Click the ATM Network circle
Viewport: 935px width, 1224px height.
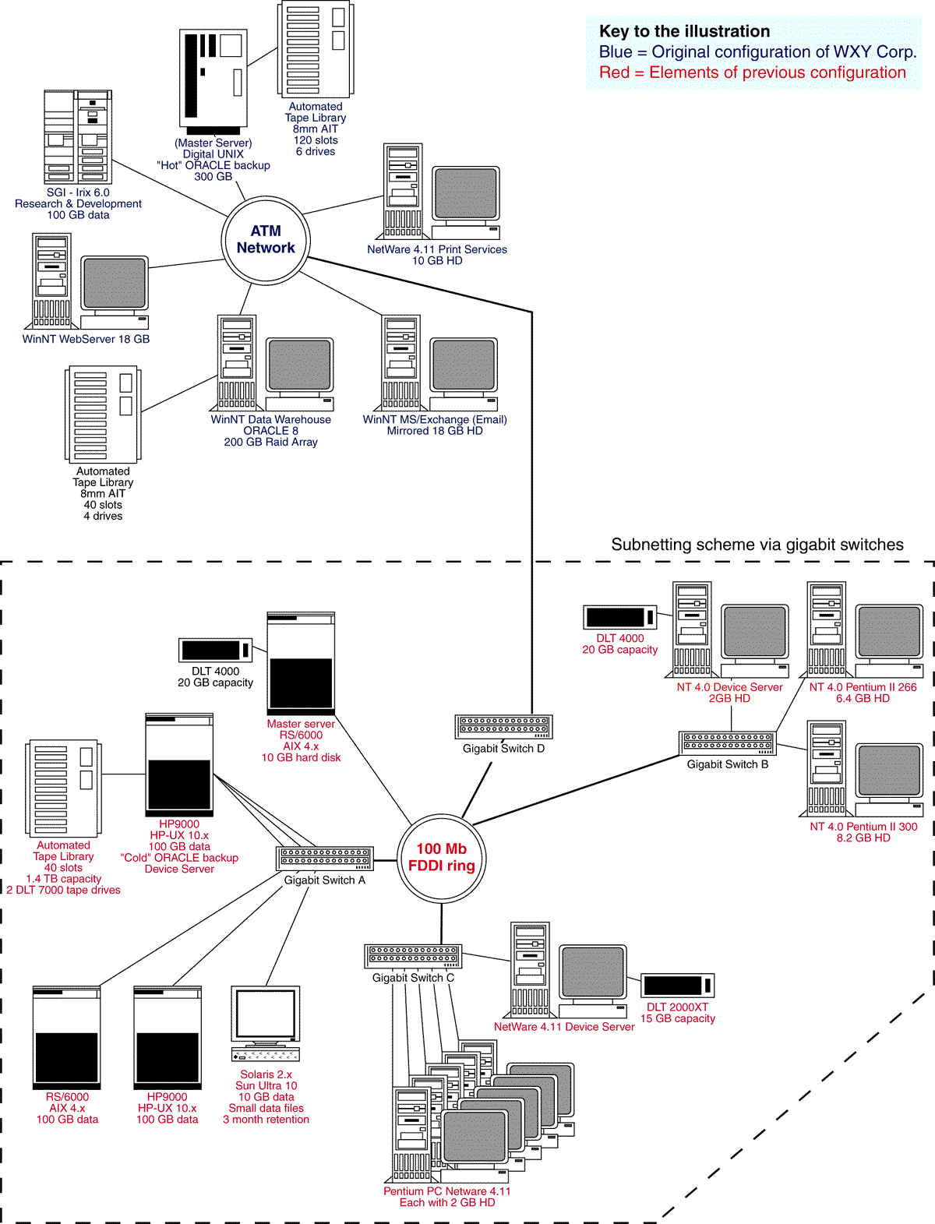(x=266, y=239)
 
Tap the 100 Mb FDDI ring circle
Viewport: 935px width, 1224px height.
(x=442, y=857)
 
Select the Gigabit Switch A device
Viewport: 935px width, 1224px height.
(x=325, y=859)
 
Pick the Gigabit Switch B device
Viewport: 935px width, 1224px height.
(x=728, y=743)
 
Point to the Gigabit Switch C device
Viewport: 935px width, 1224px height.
(x=413, y=956)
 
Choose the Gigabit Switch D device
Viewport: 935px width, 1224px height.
(x=504, y=726)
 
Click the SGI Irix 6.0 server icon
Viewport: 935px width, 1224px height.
(x=78, y=137)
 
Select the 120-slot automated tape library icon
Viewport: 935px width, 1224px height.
(x=316, y=50)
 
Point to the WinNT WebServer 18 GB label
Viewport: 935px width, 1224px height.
(x=86, y=339)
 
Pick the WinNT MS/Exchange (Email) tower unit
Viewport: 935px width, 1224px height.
(x=401, y=362)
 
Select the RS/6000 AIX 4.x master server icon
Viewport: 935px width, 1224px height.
(x=301, y=663)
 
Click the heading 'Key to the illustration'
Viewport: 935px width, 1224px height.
(x=684, y=31)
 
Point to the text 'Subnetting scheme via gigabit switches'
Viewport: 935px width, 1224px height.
(x=757, y=545)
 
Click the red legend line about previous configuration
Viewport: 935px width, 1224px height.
(x=752, y=72)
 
